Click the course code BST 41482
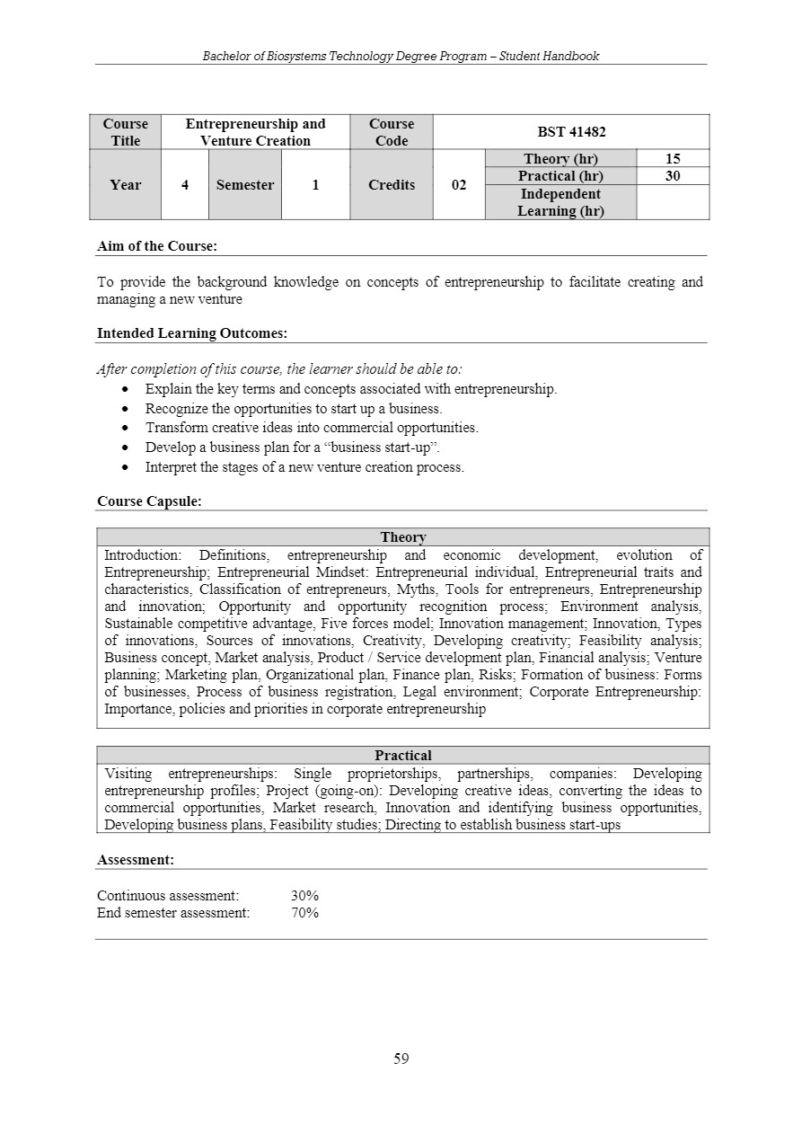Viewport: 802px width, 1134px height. [x=570, y=132]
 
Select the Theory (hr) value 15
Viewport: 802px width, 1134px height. [x=672, y=159]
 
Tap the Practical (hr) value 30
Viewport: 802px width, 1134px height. [x=672, y=176]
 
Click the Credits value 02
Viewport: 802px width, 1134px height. [x=458, y=185]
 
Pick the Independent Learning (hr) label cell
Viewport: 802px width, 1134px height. [x=560, y=202]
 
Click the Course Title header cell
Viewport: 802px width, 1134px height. [x=126, y=132]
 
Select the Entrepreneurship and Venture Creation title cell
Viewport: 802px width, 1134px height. [x=255, y=132]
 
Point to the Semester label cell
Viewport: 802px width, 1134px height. [x=244, y=185]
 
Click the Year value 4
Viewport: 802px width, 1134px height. [x=185, y=185]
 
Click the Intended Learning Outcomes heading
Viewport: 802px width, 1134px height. [x=192, y=333]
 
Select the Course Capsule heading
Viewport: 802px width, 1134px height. [x=149, y=501]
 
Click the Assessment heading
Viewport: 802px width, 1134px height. [x=136, y=860]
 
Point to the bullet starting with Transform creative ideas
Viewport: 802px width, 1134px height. [x=312, y=428]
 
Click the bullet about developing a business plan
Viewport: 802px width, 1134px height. [x=293, y=447]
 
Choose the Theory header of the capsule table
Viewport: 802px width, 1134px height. [x=403, y=537]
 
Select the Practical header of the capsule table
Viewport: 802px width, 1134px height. [x=403, y=756]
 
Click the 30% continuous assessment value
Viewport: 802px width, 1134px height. [x=304, y=896]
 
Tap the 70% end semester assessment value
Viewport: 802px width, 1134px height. [x=304, y=913]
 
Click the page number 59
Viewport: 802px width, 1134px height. [x=401, y=1059]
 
